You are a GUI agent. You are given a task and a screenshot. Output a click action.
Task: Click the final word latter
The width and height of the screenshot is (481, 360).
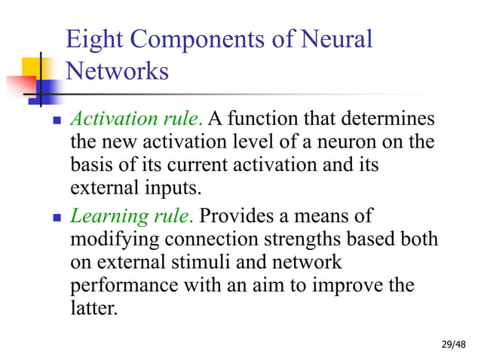(x=94, y=308)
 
